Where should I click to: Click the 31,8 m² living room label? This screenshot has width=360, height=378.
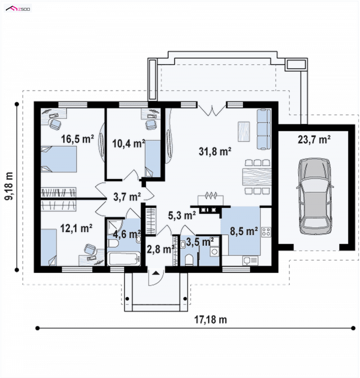(215, 151)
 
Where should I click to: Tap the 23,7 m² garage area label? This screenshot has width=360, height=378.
(314, 140)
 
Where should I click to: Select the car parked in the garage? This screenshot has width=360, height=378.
(315, 196)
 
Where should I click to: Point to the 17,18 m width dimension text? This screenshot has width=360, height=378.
(211, 320)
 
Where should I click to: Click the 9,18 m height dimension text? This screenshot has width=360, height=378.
(9, 186)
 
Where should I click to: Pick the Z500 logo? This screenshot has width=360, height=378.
(18, 9)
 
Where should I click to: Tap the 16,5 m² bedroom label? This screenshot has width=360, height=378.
(77, 139)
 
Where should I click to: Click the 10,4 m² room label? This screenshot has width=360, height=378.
(128, 143)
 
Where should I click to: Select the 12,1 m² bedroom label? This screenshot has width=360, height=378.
(76, 228)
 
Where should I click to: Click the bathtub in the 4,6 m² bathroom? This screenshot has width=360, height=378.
(124, 259)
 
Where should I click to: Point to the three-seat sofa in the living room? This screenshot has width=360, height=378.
(264, 129)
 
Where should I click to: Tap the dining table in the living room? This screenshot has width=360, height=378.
(257, 177)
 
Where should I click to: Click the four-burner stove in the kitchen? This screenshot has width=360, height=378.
(266, 231)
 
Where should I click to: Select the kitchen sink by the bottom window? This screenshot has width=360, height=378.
(250, 261)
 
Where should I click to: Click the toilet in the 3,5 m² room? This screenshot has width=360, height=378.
(189, 260)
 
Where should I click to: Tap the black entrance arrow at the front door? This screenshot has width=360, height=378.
(156, 273)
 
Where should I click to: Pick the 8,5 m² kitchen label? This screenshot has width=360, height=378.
(244, 231)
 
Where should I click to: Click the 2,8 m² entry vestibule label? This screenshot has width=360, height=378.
(161, 249)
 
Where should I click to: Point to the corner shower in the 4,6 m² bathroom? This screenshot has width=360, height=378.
(115, 227)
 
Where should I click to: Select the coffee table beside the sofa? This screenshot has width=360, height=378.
(244, 131)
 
